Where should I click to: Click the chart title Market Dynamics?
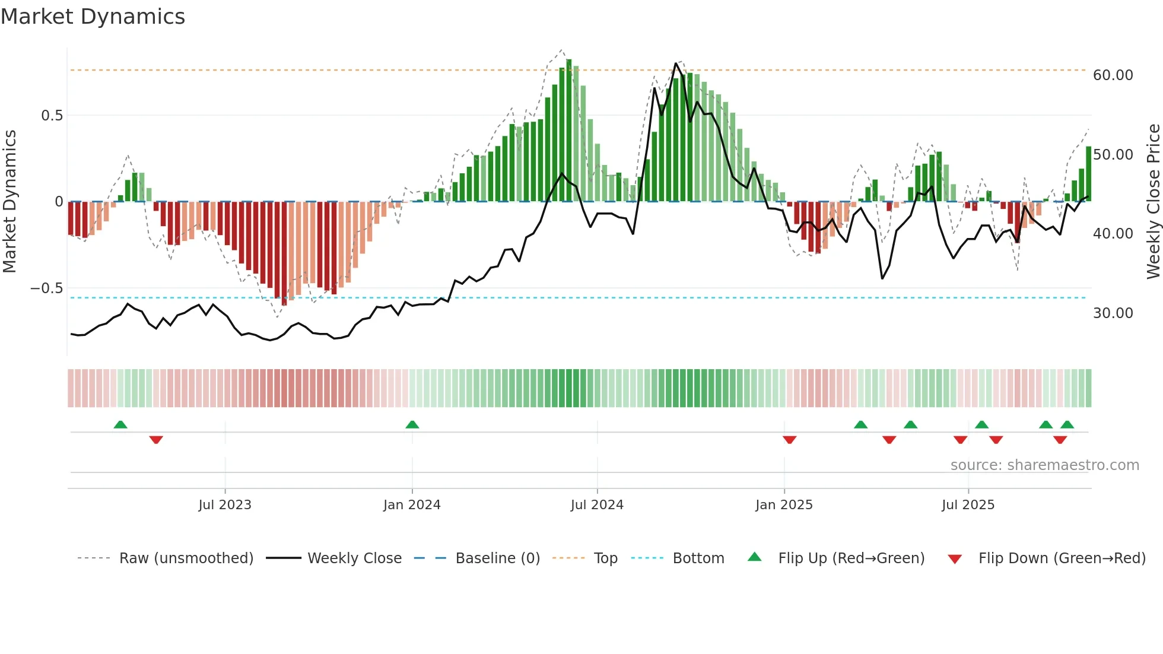click(x=93, y=17)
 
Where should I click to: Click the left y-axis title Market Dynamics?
click(x=9, y=201)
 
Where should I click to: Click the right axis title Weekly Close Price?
click(x=1153, y=201)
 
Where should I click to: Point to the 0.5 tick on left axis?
click(x=52, y=116)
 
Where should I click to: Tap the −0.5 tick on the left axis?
click(x=46, y=288)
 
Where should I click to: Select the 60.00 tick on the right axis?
click(x=1113, y=75)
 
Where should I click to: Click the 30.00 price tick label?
click(x=1113, y=313)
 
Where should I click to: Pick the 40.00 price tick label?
click(x=1113, y=234)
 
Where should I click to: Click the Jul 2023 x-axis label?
click(x=225, y=505)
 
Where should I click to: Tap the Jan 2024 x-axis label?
click(x=412, y=505)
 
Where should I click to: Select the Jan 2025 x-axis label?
click(x=784, y=505)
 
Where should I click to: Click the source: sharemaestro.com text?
click(x=1044, y=465)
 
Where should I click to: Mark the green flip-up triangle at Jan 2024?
click(x=412, y=424)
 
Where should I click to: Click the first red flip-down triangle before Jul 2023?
click(x=156, y=440)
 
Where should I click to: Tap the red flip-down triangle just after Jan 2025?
click(x=789, y=440)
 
